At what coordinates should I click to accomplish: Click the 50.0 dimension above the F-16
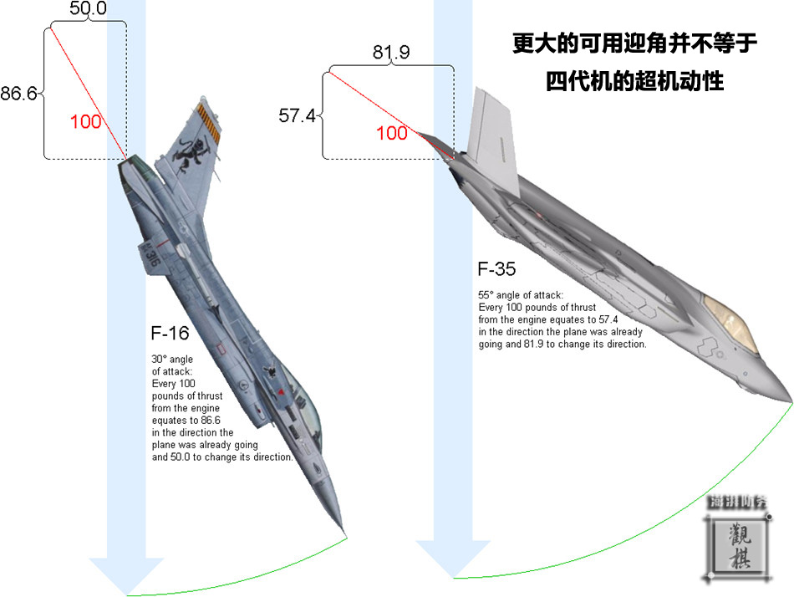click(87, 10)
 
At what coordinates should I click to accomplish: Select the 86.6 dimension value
click(18, 94)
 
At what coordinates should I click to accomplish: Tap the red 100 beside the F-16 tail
click(85, 121)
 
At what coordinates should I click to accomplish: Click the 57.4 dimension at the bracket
click(297, 115)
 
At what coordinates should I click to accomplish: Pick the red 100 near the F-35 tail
click(392, 132)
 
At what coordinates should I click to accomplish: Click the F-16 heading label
click(170, 333)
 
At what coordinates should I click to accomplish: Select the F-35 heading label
click(496, 269)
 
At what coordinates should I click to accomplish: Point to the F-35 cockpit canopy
click(729, 322)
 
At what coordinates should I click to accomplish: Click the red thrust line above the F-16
click(89, 93)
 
